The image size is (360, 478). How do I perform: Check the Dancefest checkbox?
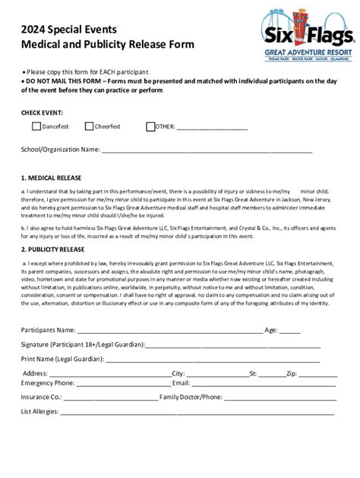click(x=36, y=127)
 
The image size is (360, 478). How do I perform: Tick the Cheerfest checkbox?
click(x=89, y=127)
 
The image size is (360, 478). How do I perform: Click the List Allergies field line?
click(x=197, y=414)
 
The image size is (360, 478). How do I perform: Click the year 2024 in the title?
click(x=33, y=29)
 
